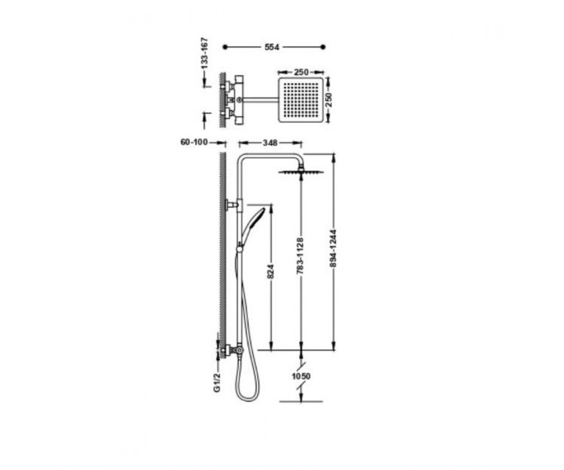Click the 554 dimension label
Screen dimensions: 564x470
[x=272, y=47]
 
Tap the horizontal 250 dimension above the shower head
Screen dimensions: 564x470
[x=301, y=72]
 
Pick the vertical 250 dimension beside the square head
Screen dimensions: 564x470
[x=329, y=100]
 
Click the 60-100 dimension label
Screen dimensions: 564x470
[x=194, y=142]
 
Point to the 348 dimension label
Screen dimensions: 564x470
[x=270, y=143]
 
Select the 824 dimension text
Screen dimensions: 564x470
[x=271, y=272]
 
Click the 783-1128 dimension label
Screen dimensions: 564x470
[x=300, y=256]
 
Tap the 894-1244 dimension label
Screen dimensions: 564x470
[x=333, y=249]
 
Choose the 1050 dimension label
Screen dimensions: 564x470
[x=301, y=376]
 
